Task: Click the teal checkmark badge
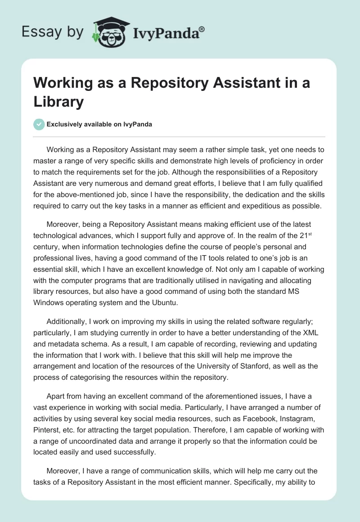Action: click(x=39, y=124)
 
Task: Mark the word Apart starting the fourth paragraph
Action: click(x=56, y=397)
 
